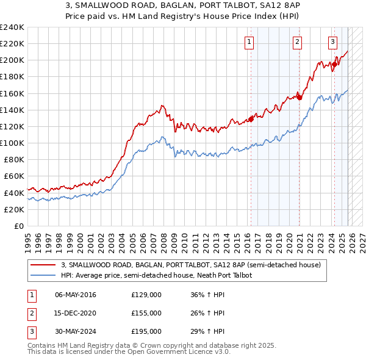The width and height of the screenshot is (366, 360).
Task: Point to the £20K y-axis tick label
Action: [x=13, y=209]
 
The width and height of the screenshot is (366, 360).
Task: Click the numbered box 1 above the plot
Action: [x=250, y=42]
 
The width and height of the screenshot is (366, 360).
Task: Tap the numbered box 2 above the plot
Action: [x=297, y=42]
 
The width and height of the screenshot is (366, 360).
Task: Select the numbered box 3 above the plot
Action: [x=332, y=42]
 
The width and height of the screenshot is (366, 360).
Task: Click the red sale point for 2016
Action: [x=251, y=119]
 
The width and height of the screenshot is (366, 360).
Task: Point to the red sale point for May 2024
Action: [x=334, y=64]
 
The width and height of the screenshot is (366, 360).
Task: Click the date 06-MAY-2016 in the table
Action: [x=76, y=295]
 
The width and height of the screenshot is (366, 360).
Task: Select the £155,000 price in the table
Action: [x=146, y=313]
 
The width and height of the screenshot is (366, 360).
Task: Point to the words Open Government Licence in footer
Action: [x=173, y=352]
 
